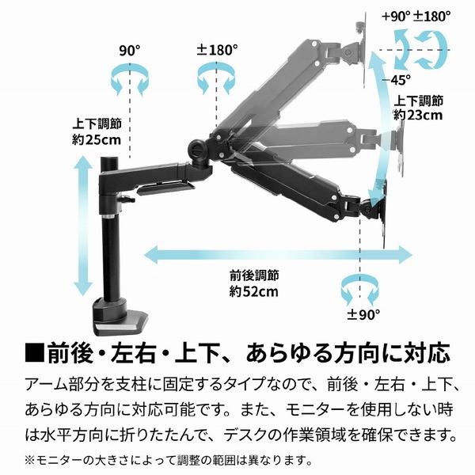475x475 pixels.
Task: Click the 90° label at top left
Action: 129,49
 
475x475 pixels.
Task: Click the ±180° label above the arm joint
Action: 217,49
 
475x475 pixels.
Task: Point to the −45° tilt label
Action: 401,78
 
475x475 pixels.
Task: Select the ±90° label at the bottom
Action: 363,313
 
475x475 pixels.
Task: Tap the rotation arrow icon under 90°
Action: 128,80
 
